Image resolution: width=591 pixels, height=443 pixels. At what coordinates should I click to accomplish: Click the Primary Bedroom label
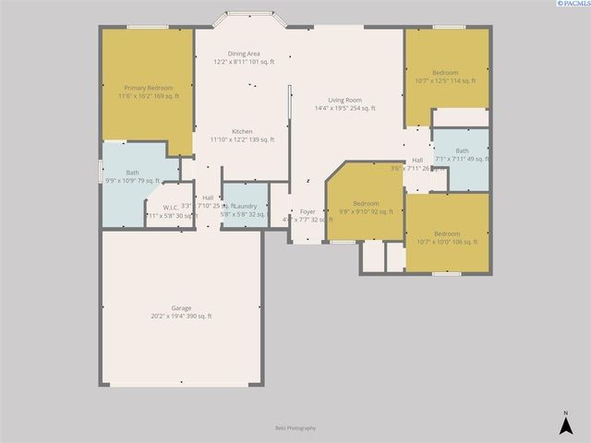(x=148, y=88)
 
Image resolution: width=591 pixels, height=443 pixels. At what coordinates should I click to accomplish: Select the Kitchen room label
(x=243, y=131)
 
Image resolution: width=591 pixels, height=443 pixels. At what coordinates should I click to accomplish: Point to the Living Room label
(x=344, y=100)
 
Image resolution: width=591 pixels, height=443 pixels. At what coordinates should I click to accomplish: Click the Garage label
(x=181, y=308)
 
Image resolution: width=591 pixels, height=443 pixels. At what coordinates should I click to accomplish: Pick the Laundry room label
(x=246, y=206)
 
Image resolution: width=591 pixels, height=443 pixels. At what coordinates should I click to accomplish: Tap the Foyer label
(x=308, y=212)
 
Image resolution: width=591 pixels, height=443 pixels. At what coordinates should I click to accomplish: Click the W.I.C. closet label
(x=173, y=207)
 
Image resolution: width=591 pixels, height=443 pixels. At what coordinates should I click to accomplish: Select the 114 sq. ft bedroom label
(x=446, y=72)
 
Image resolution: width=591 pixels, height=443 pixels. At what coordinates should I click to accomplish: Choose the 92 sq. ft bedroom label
(x=366, y=203)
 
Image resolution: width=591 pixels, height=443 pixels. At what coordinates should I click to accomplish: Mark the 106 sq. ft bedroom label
(x=447, y=233)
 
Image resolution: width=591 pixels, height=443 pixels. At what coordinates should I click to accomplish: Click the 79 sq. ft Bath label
(x=133, y=173)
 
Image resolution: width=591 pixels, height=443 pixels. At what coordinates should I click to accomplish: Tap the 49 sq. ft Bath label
(x=462, y=150)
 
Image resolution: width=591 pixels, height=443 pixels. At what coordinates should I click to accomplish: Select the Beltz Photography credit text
(x=295, y=428)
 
